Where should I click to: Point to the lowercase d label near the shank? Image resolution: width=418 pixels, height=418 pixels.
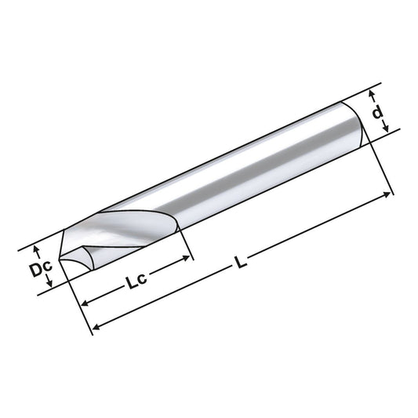click(x=378, y=114)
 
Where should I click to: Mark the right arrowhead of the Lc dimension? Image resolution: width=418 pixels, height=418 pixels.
click(x=188, y=254)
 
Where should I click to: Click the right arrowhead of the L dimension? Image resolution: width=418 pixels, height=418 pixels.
click(x=390, y=191)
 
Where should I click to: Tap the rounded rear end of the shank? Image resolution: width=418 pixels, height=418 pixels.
click(x=363, y=122)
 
